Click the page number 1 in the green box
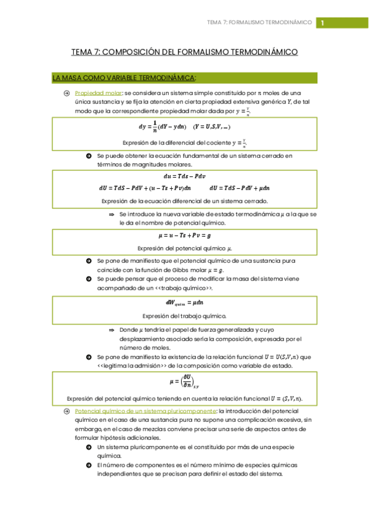(x=322, y=23)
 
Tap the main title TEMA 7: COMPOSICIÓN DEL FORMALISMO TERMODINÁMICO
(x=184, y=52)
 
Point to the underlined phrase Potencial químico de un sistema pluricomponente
(x=145, y=411)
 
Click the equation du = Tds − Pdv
(x=184, y=176)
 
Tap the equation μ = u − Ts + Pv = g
(x=184, y=235)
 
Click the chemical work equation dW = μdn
(x=184, y=302)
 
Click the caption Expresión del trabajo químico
(x=184, y=315)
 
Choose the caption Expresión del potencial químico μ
(x=184, y=248)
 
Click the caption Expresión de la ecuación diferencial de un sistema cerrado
(x=184, y=201)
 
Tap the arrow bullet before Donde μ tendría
(x=112, y=330)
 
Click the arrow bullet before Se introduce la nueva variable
(x=112, y=214)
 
